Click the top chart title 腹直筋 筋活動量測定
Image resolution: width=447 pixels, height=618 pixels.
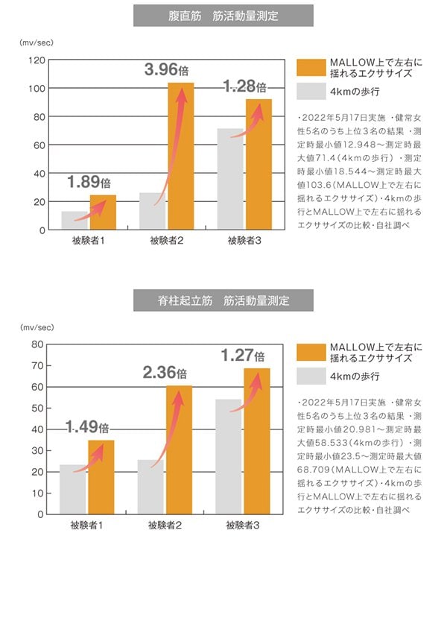click(223, 15)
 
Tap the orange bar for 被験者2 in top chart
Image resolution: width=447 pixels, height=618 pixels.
click(180, 157)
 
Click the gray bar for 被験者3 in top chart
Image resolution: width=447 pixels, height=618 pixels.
click(229, 179)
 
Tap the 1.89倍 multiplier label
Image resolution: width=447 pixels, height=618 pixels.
click(89, 182)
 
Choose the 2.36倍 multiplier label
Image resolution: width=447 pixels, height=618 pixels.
click(165, 373)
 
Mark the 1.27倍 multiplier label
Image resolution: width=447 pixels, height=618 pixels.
click(243, 356)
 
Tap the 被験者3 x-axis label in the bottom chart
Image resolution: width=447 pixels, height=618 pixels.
click(243, 526)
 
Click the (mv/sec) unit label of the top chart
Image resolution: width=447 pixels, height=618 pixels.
click(36, 42)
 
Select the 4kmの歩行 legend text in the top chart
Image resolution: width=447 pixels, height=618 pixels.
click(355, 91)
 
